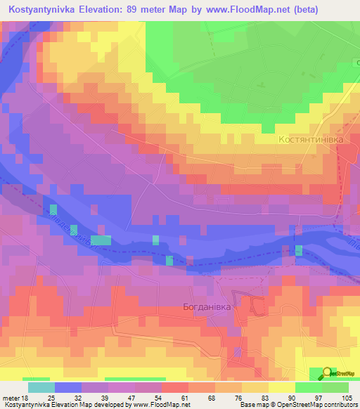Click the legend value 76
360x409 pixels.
point(228,398)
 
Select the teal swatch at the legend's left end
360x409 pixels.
point(41,387)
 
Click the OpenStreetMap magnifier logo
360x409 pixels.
point(327,374)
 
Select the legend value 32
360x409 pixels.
point(68,398)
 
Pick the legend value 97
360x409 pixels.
point(308,398)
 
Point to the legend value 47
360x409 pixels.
point(108,398)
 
